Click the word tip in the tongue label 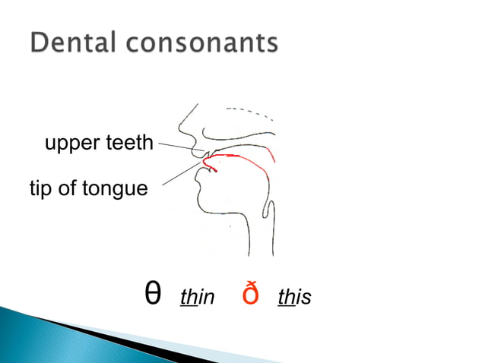click(42, 188)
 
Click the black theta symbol click(152, 294)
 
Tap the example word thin click(198, 296)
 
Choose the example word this click(295, 296)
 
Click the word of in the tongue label click(68, 188)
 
